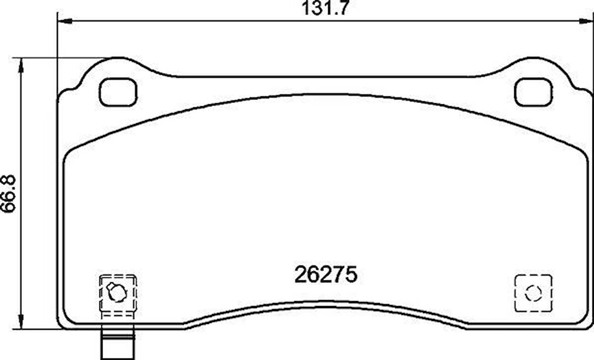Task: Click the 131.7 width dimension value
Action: click(325, 9)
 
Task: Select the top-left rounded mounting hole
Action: click(118, 93)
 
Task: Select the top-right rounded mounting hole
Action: click(533, 93)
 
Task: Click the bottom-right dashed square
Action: click(533, 293)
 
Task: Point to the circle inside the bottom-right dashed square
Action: click(533, 293)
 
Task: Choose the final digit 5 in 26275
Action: click(351, 275)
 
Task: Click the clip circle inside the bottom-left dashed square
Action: click(117, 292)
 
